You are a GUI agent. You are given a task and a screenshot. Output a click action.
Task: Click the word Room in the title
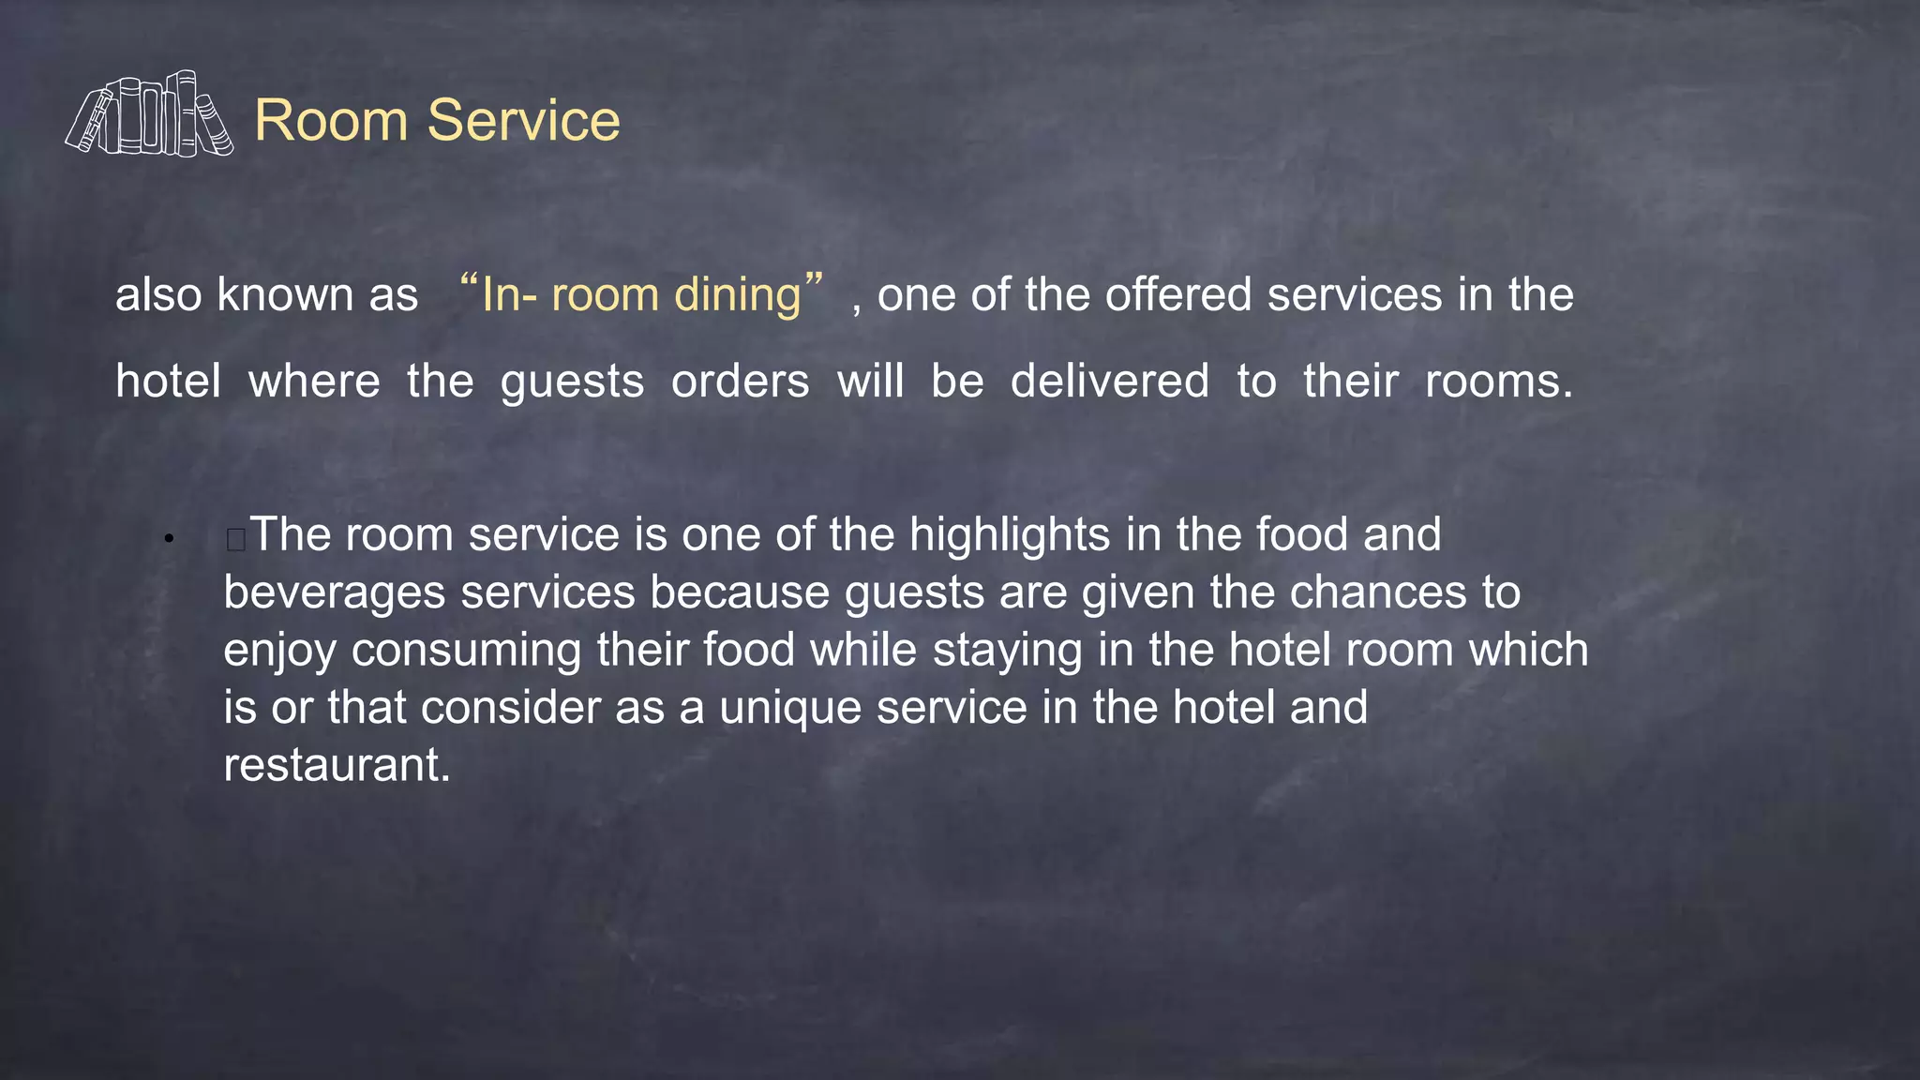coord(331,121)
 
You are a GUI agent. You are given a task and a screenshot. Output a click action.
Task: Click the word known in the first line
coord(284,295)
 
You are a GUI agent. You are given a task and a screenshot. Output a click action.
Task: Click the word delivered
coord(1110,382)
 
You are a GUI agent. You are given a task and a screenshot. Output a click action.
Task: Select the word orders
coord(741,382)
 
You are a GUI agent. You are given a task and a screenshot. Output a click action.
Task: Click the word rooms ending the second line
coord(1497,382)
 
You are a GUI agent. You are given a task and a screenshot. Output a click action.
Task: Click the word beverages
coord(334,593)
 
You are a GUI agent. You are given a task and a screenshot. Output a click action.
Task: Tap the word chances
coord(1378,592)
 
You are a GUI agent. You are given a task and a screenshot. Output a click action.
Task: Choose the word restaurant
coord(337,765)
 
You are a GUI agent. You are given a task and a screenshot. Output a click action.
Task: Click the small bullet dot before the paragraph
coord(169,539)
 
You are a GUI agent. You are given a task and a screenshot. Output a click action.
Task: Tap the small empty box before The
coord(236,539)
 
